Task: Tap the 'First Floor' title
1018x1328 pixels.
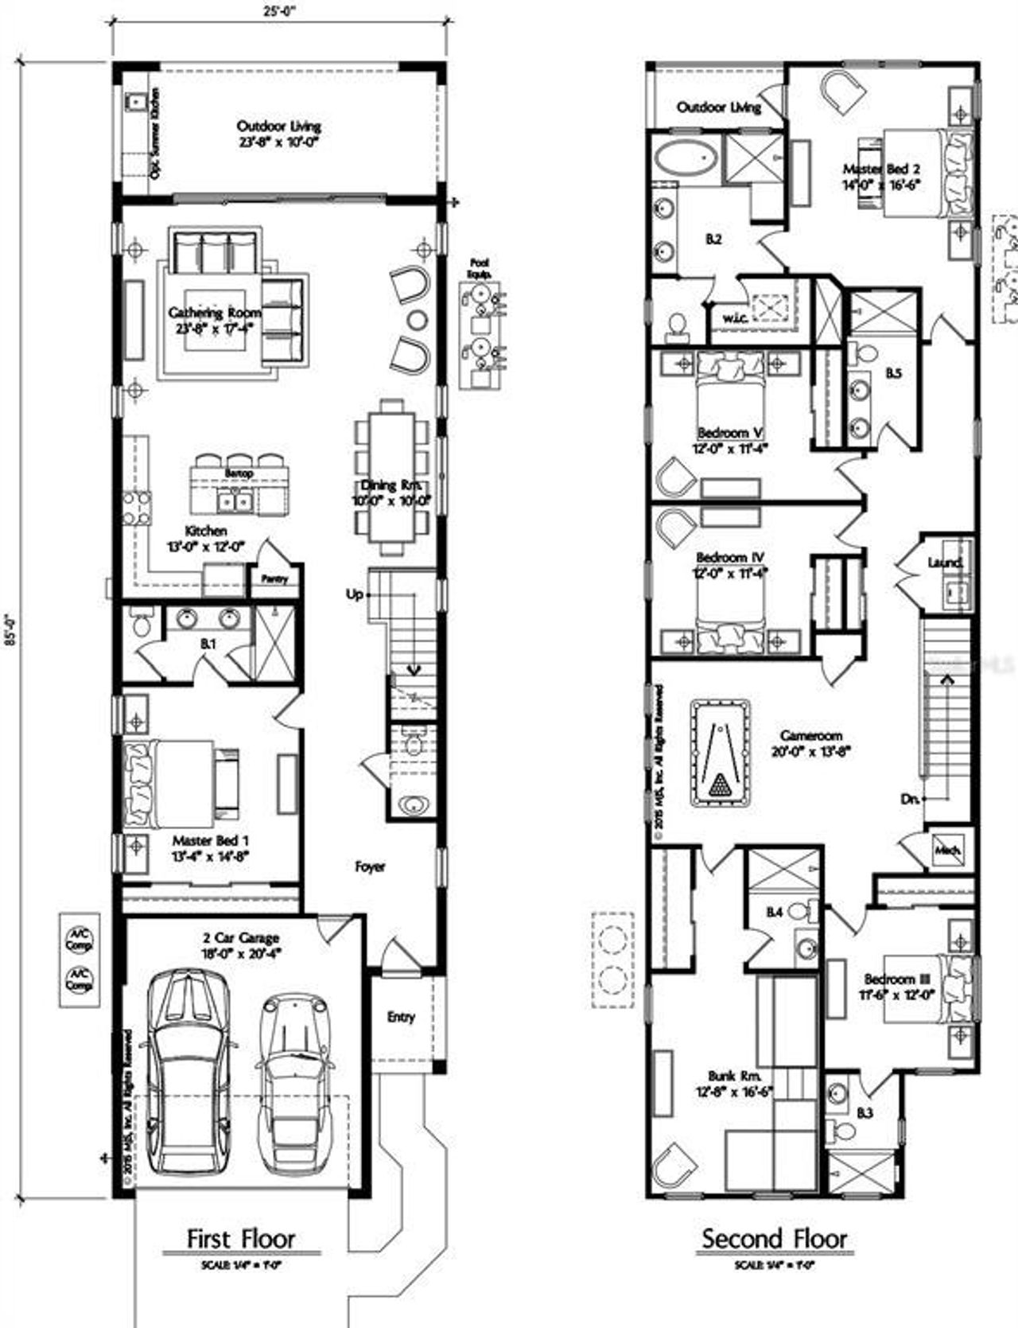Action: tap(241, 1238)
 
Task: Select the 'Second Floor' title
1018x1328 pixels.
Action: tap(774, 1238)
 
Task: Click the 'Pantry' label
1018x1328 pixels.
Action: tap(274, 578)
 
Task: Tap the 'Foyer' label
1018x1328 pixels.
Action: tap(370, 867)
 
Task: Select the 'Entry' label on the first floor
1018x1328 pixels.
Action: tap(401, 1016)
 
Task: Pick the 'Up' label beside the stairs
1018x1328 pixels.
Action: tap(355, 594)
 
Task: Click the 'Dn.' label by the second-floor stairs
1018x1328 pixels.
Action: tap(911, 798)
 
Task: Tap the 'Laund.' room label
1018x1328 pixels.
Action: tap(946, 563)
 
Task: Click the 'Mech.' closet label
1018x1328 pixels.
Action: tap(947, 850)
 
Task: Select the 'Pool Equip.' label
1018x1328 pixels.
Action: tap(480, 267)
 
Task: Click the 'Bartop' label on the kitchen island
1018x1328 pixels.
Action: tap(239, 473)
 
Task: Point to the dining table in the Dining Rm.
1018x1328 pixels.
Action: tap(393, 477)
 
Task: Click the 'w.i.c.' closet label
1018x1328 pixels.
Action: tap(733, 318)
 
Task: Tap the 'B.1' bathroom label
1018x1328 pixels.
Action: tap(208, 644)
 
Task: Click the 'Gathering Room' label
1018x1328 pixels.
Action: tap(204, 313)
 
